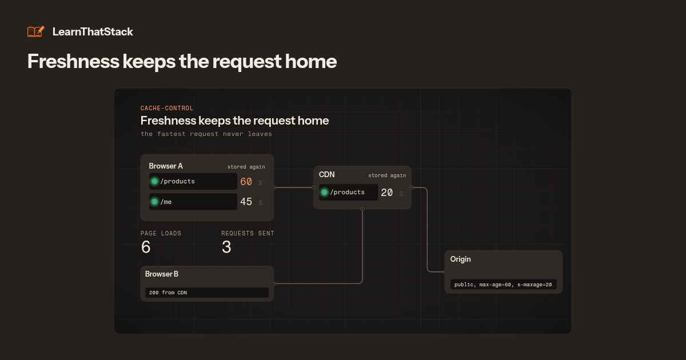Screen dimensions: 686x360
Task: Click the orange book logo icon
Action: tap(36, 31)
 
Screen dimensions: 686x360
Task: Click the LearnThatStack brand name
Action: tap(93, 32)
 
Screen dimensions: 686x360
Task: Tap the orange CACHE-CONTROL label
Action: tap(166, 108)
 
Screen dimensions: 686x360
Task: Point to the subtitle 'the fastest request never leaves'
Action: tap(206, 134)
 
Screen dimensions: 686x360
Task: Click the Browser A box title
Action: tap(166, 166)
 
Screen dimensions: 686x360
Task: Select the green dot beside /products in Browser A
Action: tap(154, 182)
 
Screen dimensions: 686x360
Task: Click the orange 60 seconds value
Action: tap(246, 182)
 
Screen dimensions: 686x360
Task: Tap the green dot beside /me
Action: tap(154, 202)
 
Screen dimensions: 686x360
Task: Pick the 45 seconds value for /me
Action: tap(246, 202)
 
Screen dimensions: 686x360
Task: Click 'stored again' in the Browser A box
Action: tap(246, 167)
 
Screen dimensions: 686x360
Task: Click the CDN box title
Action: tap(326, 174)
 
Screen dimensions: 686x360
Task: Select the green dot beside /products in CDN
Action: tap(324, 192)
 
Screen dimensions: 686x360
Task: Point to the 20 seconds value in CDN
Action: tap(386, 193)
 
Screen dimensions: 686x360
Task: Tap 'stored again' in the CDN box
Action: tap(387, 175)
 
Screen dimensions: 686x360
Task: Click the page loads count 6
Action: tap(146, 247)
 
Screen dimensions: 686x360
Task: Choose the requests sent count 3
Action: tap(226, 247)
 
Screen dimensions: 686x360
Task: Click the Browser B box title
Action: tap(161, 274)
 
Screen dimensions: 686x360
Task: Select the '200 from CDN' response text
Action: tap(168, 293)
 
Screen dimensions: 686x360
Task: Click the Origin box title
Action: tap(460, 259)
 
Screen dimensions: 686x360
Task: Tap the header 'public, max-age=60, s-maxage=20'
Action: tap(503, 285)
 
